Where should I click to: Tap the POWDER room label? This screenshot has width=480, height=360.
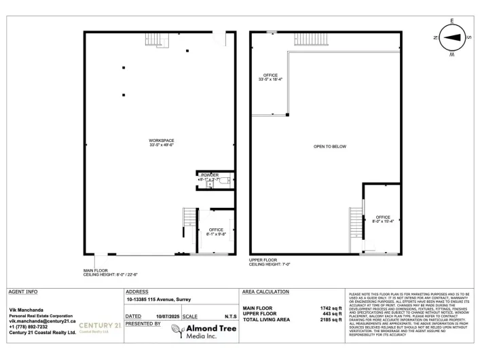pyautogui.click(x=210, y=176)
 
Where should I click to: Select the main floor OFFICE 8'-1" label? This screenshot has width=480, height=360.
pyautogui.click(x=216, y=232)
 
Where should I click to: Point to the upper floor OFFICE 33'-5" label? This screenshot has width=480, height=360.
pyautogui.click(x=271, y=77)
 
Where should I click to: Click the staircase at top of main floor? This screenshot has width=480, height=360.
pyautogui.click(x=156, y=40)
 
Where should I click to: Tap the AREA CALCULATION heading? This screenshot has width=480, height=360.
pyautogui.click(x=265, y=291)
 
